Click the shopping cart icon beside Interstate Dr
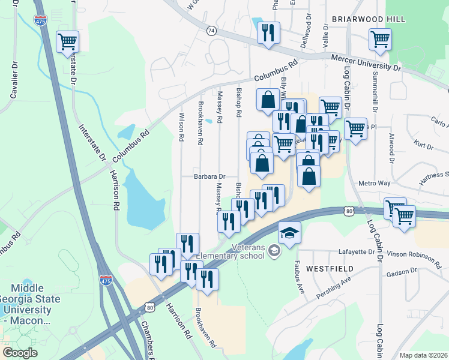coord(68,42)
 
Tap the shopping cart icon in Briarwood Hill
coord(379,40)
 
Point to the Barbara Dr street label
coord(209,176)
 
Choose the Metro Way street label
coord(374,183)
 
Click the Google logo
coord(20,352)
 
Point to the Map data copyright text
coord(423,355)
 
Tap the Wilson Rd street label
coord(182,127)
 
